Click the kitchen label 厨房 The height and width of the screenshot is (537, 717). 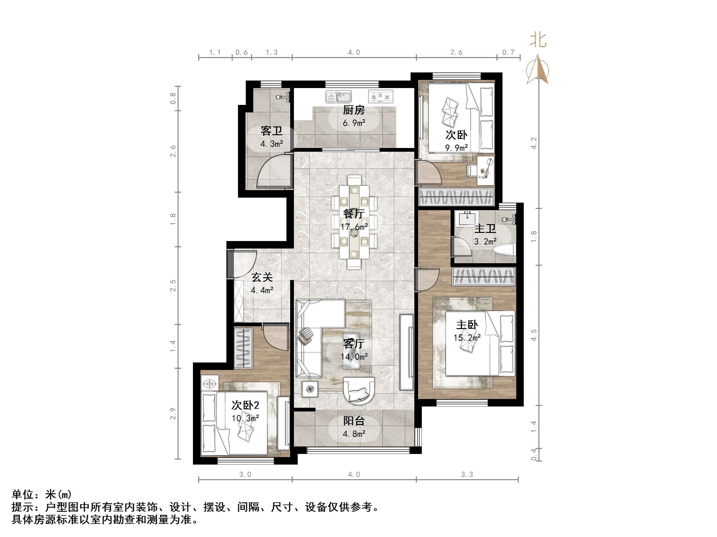point(354,110)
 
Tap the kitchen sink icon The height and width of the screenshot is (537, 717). point(338,97)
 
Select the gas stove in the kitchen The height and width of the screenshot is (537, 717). point(380,96)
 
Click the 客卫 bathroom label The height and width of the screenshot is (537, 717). point(271,131)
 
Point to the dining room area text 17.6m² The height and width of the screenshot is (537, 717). point(354,227)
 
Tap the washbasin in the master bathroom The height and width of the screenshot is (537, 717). point(467,218)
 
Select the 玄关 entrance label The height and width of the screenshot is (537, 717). point(262,277)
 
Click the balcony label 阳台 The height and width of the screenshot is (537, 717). point(354,421)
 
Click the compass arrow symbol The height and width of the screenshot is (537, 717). point(538,70)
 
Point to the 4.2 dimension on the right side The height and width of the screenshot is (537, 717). point(533,143)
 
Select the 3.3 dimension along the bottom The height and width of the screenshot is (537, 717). point(467,475)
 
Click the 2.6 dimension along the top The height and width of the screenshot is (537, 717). point(456,52)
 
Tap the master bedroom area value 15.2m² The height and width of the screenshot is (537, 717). point(467,337)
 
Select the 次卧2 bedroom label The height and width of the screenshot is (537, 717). point(245,405)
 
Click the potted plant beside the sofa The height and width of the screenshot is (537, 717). point(310,389)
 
